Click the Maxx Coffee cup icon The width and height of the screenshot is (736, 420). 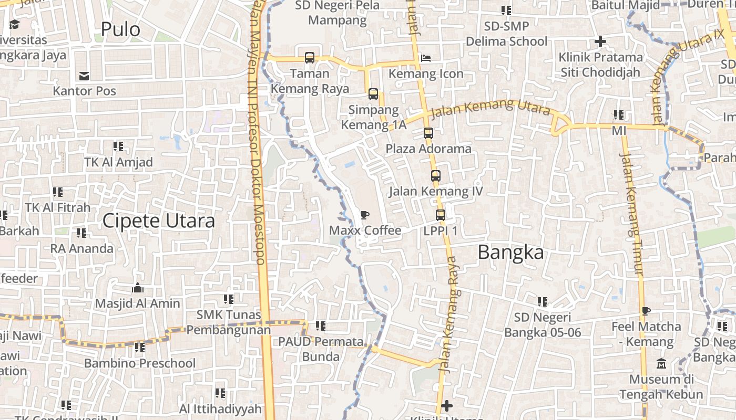tap(364, 215)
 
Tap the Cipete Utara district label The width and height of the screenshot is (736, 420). tap(158, 221)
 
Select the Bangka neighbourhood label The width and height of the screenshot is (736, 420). tap(510, 253)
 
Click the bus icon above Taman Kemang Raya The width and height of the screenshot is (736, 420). tap(309, 58)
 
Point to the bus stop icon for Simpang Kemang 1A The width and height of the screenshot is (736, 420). tap(373, 94)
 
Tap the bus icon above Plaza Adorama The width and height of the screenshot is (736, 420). tap(428, 133)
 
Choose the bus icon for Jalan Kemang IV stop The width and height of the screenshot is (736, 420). tap(435, 176)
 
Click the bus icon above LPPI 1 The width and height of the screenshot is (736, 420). tap(441, 215)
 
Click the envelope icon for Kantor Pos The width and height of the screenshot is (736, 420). tap(84, 76)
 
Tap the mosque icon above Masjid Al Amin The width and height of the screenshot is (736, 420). tap(138, 288)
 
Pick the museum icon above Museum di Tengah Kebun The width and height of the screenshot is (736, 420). tap(661, 363)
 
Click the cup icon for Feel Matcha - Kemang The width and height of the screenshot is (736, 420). tap(646, 311)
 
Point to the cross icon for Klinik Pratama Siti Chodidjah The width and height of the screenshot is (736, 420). tap(600, 41)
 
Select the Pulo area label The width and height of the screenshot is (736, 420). tap(120, 29)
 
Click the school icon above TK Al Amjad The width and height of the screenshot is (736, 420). tap(118, 146)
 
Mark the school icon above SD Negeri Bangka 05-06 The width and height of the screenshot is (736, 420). tap(543, 302)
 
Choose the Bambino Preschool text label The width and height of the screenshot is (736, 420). tap(140, 363)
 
